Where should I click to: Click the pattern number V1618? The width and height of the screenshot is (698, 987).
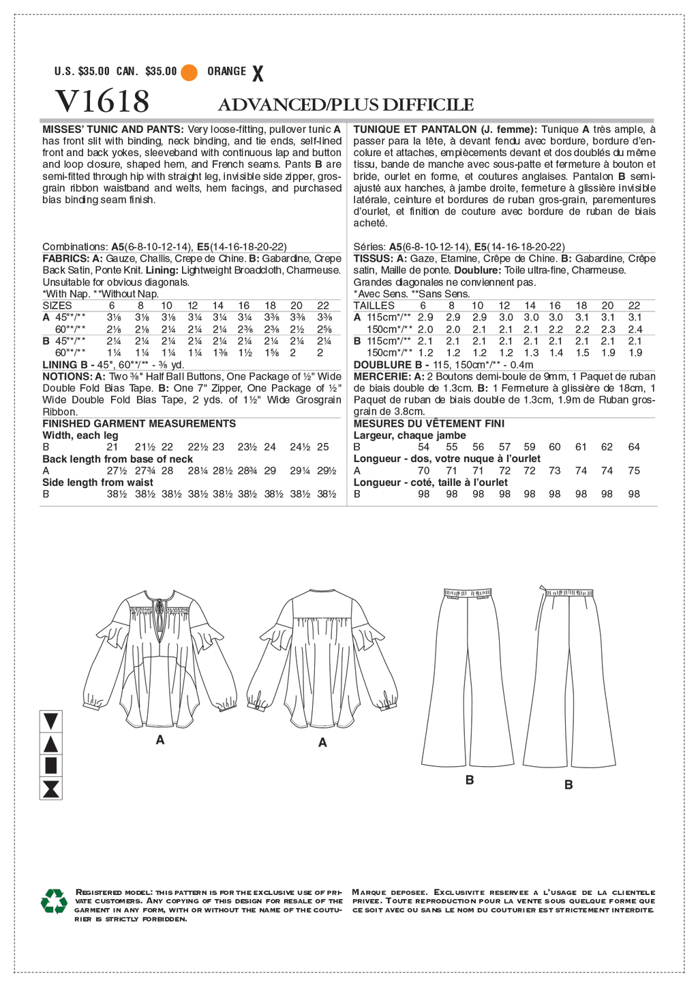click(x=102, y=102)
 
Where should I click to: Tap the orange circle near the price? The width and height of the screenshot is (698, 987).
click(x=189, y=72)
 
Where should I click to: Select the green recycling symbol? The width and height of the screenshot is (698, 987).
click(x=54, y=901)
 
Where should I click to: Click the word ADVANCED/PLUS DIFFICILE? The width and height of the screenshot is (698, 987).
click(x=346, y=104)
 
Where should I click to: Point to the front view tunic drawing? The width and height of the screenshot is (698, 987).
click(x=160, y=654)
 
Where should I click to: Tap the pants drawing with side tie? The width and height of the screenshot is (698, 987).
click(x=569, y=675)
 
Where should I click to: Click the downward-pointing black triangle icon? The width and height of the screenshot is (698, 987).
click(x=52, y=720)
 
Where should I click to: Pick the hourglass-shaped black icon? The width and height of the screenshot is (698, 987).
click(x=52, y=789)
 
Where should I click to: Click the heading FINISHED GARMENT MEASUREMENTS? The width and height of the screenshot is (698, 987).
click(x=139, y=423)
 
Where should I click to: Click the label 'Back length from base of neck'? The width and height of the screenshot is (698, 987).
click(x=118, y=459)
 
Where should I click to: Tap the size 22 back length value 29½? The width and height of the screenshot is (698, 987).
click(x=327, y=470)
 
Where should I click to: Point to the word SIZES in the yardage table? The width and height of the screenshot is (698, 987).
click(x=57, y=305)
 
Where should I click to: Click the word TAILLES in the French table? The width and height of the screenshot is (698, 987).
click(x=374, y=305)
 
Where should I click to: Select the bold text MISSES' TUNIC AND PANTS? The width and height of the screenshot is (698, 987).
click(x=112, y=129)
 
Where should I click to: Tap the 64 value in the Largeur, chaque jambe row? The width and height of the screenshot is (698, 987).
click(x=634, y=446)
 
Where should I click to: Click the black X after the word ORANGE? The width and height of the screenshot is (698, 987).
click(x=258, y=73)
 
